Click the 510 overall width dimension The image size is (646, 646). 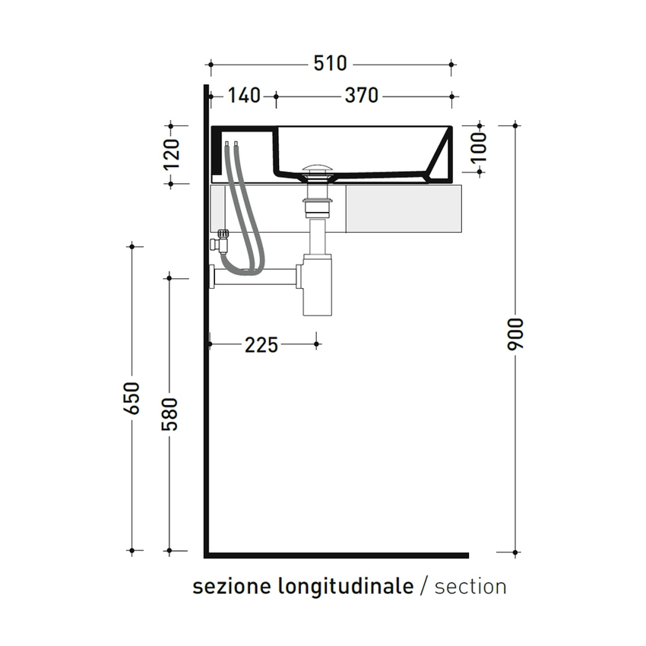tap(331, 64)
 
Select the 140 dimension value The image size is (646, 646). tap(243, 96)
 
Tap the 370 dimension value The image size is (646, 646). tap(361, 96)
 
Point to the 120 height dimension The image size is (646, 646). tap(173, 154)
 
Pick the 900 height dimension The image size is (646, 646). tap(516, 334)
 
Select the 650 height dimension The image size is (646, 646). tap(132, 397)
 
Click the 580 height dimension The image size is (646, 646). tap(170, 413)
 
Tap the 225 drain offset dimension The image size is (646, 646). tap(261, 345)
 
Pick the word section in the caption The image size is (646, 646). tap(471, 587)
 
